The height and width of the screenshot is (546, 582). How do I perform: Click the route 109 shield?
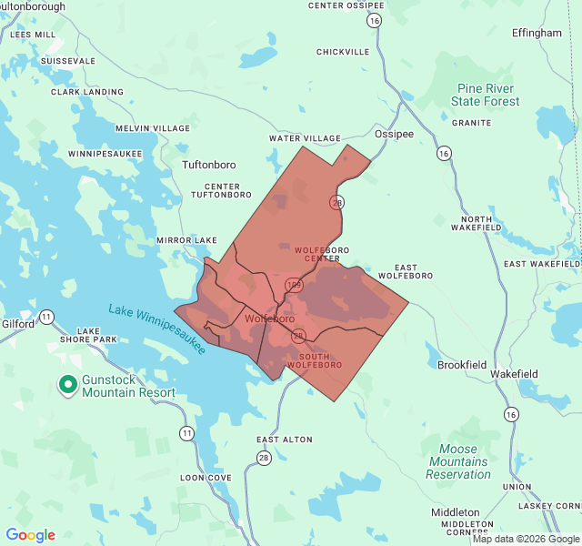294,286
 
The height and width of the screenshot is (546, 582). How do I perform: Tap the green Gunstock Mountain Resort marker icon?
67,385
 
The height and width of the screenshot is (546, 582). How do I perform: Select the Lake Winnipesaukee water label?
157,329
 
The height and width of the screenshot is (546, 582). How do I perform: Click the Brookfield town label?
463,365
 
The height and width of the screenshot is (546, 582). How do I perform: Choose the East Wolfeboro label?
398,271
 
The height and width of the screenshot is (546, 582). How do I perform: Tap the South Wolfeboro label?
314,360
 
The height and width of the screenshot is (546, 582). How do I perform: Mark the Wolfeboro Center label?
316,254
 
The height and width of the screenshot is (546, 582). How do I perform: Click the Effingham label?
537,33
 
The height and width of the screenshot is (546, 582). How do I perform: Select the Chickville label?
343,52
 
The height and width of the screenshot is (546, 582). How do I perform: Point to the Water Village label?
304,138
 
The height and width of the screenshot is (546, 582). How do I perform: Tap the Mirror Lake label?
186,240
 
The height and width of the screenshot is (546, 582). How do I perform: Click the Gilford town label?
17,323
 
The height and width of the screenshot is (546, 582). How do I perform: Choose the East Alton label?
284,440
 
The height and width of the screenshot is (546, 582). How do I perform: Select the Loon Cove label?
206,477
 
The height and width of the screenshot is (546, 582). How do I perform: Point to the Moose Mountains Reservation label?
458,461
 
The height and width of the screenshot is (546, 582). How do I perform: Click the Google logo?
31,535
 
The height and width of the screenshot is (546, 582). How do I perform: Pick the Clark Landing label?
87,92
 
